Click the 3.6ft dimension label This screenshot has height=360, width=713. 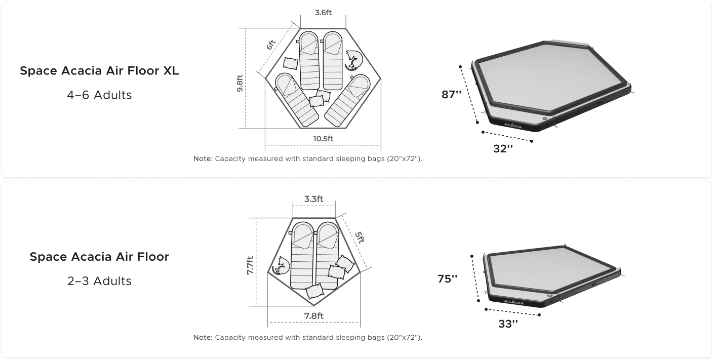pyautogui.click(x=323, y=13)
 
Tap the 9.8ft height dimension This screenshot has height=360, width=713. pyautogui.click(x=240, y=84)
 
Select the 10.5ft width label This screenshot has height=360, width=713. pyautogui.click(x=323, y=139)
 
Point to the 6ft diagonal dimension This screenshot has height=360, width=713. pyautogui.click(x=270, y=45)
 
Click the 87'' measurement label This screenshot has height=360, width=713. pyautogui.click(x=451, y=95)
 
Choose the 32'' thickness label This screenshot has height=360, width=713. pyautogui.click(x=503, y=149)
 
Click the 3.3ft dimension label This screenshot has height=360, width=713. pyautogui.click(x=313, y=199)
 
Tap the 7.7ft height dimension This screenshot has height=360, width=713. pyautogui.click(x=250, y=265)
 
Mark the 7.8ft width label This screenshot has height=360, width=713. pyautogui.click(x=313, y=316)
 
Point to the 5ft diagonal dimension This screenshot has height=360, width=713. pyautogui.click(x=360, y=237)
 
